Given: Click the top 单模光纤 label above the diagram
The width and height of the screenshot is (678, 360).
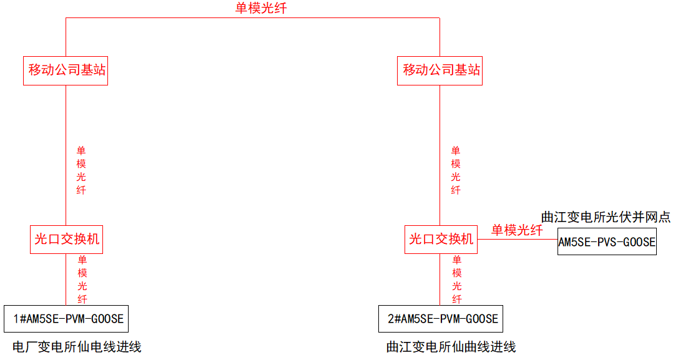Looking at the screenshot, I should (x=261, y=8).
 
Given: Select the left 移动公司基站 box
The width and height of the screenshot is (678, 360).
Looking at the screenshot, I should (x=66, y=70).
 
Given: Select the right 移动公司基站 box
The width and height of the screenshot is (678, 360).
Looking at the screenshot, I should (x=440, y=70).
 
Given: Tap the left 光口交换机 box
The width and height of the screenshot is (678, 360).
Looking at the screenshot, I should (x=66, y=239).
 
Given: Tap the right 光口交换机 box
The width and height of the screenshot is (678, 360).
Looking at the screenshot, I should (x=441, y=239).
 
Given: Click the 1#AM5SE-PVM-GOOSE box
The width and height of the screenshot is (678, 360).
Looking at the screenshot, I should (x=66, y=319).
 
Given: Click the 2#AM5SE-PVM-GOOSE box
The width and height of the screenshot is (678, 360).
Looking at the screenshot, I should (x=441, y=319).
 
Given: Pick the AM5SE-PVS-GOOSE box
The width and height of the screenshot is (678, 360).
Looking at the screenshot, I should (x=607, y=242).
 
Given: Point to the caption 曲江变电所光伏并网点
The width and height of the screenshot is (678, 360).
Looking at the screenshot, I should (x=606, y=217).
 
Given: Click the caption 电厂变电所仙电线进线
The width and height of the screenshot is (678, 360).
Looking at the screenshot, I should (x=77, y=346).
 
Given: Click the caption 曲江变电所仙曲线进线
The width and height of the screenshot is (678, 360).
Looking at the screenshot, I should (x=451, y=346).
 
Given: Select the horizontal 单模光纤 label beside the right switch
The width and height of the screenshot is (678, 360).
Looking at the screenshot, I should (x=517, y=230).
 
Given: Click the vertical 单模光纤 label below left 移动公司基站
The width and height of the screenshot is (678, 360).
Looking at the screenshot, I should (x=81, y=170).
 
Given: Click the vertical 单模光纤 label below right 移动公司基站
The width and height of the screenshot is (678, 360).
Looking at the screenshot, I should (x=456, y=170).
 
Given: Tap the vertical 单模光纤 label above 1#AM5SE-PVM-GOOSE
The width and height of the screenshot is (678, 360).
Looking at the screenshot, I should (x=82, y=279).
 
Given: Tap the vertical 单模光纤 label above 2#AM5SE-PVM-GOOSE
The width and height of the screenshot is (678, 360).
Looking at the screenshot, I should (x=457, y=279).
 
